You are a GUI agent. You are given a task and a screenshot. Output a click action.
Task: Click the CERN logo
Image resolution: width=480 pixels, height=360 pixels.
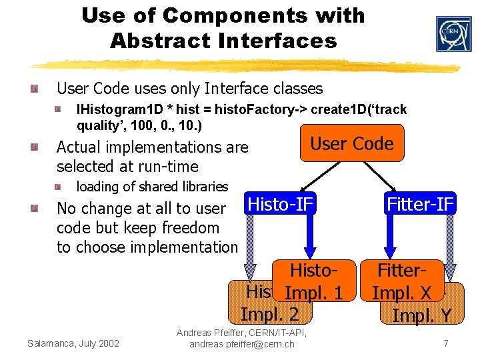pos(453,34)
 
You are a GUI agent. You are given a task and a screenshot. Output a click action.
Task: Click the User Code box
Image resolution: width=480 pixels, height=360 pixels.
pos(352,143)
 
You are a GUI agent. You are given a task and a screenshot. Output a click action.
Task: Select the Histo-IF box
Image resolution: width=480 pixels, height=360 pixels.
pos(279,203)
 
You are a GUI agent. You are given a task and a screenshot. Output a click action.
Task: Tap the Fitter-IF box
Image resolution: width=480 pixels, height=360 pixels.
pos(420,203)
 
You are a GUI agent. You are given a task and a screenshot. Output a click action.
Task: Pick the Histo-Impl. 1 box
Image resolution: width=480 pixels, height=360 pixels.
pos(312,283)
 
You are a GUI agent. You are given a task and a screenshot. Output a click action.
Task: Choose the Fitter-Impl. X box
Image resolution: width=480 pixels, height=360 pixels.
pos(402,281)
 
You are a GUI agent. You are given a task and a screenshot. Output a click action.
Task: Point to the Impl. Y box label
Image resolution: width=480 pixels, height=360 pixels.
pos(422,315)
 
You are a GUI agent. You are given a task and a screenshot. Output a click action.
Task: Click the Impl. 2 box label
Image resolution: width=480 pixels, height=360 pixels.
pos(269,314)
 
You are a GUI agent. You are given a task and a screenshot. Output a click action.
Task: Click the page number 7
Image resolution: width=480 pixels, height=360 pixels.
pos(445,343)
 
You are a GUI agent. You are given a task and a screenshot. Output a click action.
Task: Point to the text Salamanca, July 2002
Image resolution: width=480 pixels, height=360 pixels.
pos(73,343)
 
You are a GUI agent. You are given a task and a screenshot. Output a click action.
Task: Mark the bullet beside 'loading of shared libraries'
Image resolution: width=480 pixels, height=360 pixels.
pos(61,187)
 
